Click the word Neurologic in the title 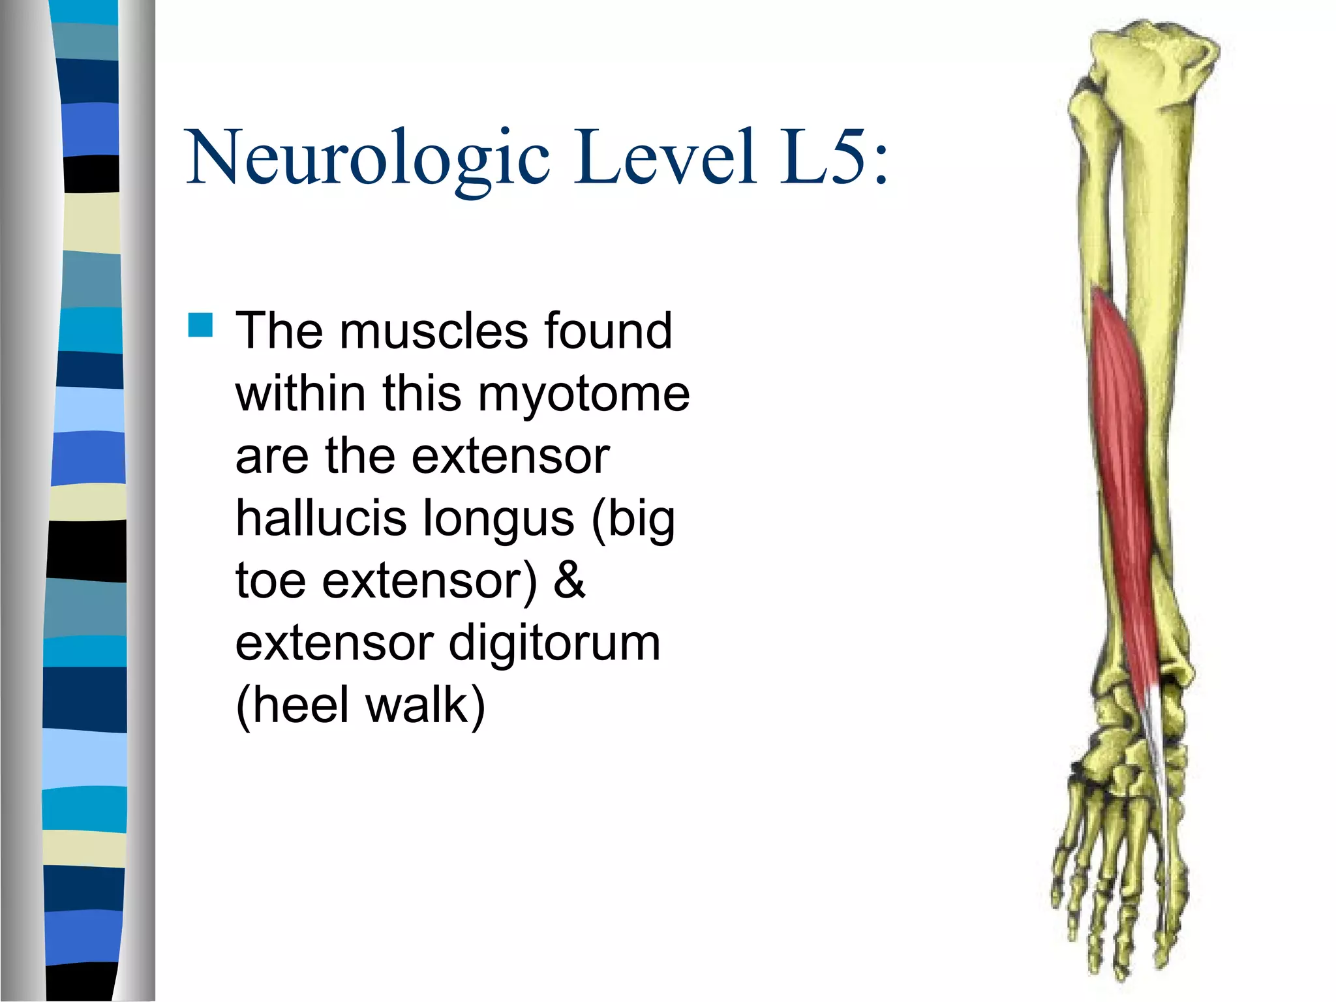[x=369, y=159]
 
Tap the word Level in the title [x=665, y=157]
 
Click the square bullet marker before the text [x=200, y=325]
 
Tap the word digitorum [x=554, y=643]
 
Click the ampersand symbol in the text [x=569, y=580]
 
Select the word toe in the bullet [x=270, y=580]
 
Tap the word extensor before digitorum [x=334, y=643]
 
